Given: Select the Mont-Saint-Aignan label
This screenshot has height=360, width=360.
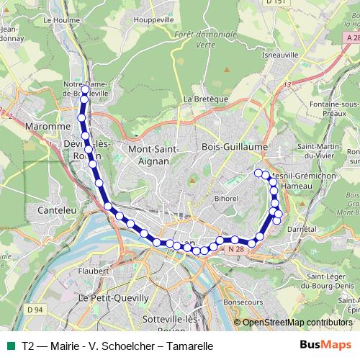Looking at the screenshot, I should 148,155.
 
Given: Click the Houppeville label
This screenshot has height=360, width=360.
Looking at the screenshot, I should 155,20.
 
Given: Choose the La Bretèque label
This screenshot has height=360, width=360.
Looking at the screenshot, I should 206,99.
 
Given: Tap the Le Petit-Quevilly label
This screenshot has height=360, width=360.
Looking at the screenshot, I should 114,297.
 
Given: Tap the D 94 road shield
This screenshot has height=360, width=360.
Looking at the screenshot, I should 35,310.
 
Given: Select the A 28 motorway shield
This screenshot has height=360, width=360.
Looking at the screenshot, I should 351,37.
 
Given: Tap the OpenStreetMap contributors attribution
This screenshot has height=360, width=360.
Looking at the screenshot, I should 297,323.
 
